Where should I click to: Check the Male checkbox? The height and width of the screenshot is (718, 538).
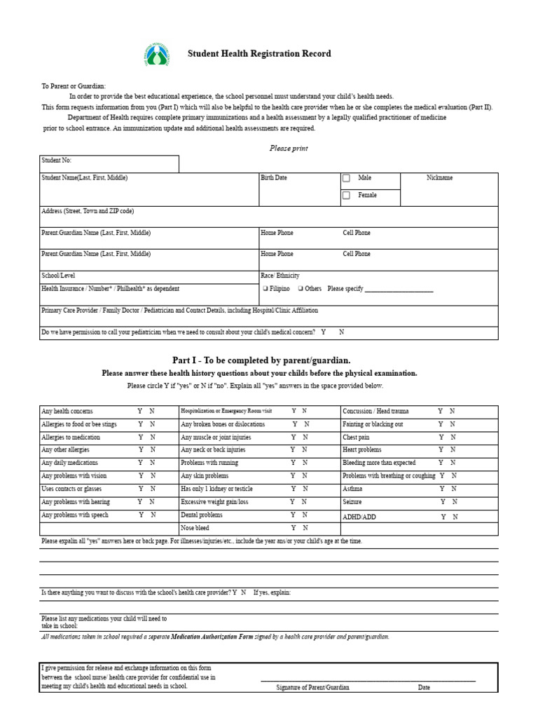pos(346,178)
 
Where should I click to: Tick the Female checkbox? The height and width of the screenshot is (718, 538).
pos(346,196)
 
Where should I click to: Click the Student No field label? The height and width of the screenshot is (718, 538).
pos(57,161)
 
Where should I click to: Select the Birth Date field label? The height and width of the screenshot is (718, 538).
pos(273,178)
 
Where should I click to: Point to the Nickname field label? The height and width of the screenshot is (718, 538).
pos(439,178)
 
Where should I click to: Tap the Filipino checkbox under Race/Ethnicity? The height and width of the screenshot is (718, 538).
pos(265,288)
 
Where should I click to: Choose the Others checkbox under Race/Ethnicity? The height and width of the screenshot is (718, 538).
pos(301,288)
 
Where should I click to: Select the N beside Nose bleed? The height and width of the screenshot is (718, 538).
pos(305,528)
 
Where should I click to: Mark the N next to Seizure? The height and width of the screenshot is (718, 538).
pos(455,502)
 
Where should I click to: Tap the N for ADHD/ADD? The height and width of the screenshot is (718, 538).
pos(455,517)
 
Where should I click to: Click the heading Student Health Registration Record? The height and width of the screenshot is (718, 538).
pos(259,54)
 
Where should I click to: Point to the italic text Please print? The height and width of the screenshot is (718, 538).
pos(289,149)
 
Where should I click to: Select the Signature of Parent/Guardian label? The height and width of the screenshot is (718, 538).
pos(312,688)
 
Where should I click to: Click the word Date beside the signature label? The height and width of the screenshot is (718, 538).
pos(424,688)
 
